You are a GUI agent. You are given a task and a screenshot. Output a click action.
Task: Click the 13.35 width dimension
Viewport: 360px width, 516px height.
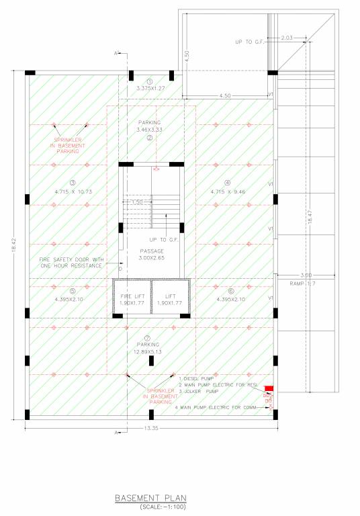point(151,429)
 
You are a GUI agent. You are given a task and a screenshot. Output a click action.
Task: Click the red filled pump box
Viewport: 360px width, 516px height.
point(269,389)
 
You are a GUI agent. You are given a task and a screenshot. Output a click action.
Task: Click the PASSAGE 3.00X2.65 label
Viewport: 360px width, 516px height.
point(150,254)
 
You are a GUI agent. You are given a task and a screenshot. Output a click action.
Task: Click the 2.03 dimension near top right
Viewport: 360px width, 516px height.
point(287,38)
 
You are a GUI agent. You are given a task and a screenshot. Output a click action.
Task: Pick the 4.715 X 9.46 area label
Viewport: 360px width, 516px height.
point(228,191)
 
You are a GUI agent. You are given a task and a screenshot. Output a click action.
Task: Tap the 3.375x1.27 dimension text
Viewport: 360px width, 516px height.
point(150,88)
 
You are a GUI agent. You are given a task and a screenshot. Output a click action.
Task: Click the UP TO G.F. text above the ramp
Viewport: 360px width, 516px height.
point(249,42)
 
